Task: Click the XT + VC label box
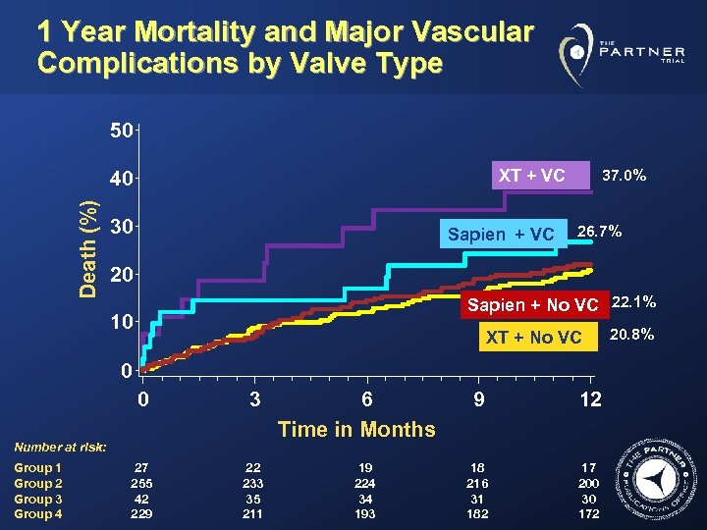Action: click(531, 176)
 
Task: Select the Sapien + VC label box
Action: click(501, 235)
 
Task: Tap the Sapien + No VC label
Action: click(531, 304)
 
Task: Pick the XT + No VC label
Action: click(533, 338)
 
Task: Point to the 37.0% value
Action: click(624, 176)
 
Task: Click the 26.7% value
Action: click(599, 232)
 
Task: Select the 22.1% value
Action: click(633, 301)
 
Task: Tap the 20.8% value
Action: click(631, 336)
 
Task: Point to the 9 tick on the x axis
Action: click(478, 399)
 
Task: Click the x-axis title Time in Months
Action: click(356, 429)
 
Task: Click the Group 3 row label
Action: click(38, 499)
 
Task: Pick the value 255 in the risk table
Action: click(142, 484)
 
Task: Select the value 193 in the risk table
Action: click(366, 513)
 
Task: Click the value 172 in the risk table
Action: click(589, 513)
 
